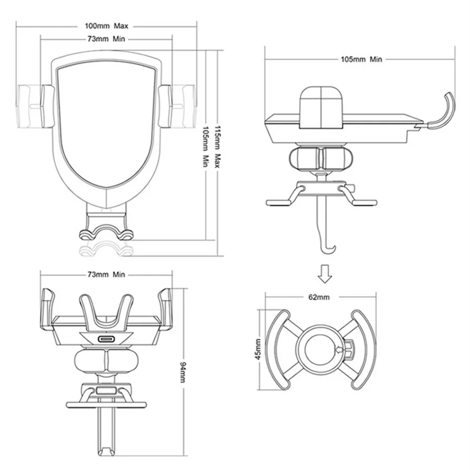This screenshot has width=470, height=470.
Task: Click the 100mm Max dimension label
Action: pyautogui.click(x=106, y=26)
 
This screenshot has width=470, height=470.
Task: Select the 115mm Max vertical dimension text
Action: pyautogui.click(x=218, y=147)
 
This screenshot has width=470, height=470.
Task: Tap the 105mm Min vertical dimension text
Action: pyautogui.click(x=206, y=147)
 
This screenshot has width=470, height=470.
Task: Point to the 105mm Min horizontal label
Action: pyautogui.click(x=362, y=59)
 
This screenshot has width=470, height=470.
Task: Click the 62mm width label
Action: pyautogui.click(x=319, y=297)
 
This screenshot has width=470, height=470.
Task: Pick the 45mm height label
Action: pyautogui.click(x=258, y=349)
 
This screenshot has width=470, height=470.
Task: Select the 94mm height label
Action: pyautogui.click(x=183, y=372)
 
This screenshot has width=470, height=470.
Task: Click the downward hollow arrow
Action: pyautogui.click(x=325, y=274)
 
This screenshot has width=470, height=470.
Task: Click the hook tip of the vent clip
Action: pyautogui.click(x=333, y=248)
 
